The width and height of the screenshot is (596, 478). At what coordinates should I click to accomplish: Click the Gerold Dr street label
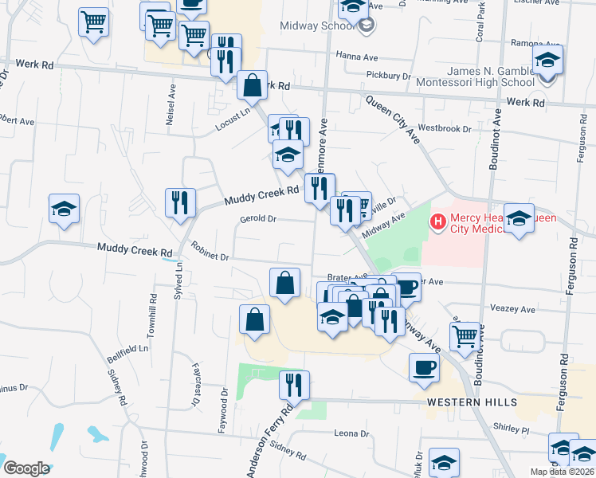257,218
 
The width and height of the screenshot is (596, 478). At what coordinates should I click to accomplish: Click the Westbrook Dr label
440,127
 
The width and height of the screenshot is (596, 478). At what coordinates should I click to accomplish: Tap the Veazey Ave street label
513,308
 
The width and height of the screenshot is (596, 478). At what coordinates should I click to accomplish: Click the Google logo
26,468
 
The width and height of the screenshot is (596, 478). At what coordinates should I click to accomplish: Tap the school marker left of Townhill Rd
65,210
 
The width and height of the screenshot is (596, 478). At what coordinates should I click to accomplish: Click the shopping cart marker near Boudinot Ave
465,335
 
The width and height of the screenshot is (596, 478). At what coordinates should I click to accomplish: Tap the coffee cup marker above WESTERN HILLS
424,367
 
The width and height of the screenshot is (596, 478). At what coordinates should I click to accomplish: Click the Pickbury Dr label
388,76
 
